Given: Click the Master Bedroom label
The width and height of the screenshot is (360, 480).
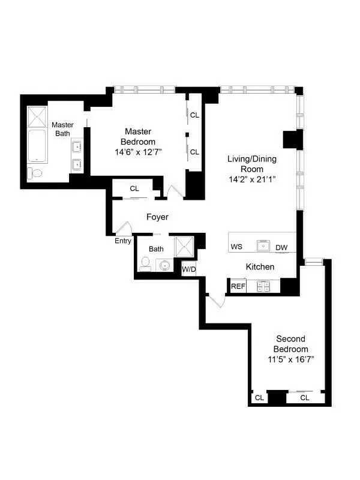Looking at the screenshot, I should click(138, 131).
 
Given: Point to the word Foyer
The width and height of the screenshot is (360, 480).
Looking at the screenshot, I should click(157, 217).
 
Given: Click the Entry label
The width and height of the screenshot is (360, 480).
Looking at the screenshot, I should click(123, 241).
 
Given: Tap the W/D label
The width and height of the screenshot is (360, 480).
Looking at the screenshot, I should click(189, 269).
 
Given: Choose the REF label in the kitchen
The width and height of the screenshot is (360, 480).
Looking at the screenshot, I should click(238, 286).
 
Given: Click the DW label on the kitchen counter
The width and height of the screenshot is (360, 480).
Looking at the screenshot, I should click(281, 247).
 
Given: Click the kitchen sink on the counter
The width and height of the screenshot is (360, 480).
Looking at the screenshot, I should click(263, 245).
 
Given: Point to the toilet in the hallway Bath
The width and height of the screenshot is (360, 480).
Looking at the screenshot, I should click(145, 263).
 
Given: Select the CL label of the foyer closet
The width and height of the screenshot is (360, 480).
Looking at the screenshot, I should click(134, 189).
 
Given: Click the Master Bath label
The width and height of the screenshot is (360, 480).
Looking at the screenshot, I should click(62, 129).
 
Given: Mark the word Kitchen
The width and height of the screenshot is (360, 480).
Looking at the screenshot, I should click(260, 266).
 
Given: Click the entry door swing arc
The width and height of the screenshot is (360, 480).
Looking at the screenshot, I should click(124, 229).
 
